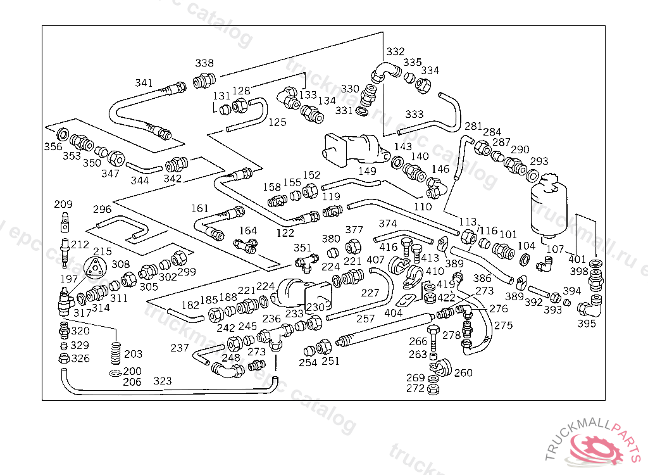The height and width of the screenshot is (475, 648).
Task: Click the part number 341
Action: pyautogui.click(x=144, y=83)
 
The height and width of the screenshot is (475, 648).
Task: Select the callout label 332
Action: pyautogui.click(x=396, y=51)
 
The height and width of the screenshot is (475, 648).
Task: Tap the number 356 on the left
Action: pyautogui.click(x=53, y=147)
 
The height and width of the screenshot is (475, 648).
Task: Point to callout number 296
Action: pyautogui.click(x=102, y=209)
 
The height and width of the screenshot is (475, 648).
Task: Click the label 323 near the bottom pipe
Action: pyautogui.click(x=163, y=381)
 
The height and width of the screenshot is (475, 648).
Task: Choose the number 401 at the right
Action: pyautogui.click(x=577, y=258)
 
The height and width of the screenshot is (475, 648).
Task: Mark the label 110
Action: pyautogui.click(x=423, y=206)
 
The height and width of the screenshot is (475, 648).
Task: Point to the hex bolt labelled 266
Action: pyautogui.click(x=433, y=334)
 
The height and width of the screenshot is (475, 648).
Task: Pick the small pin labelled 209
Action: pyautogui.click(x=64, y=222)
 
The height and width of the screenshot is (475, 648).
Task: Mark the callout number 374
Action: pyautogui.click(x=387, y=224)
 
